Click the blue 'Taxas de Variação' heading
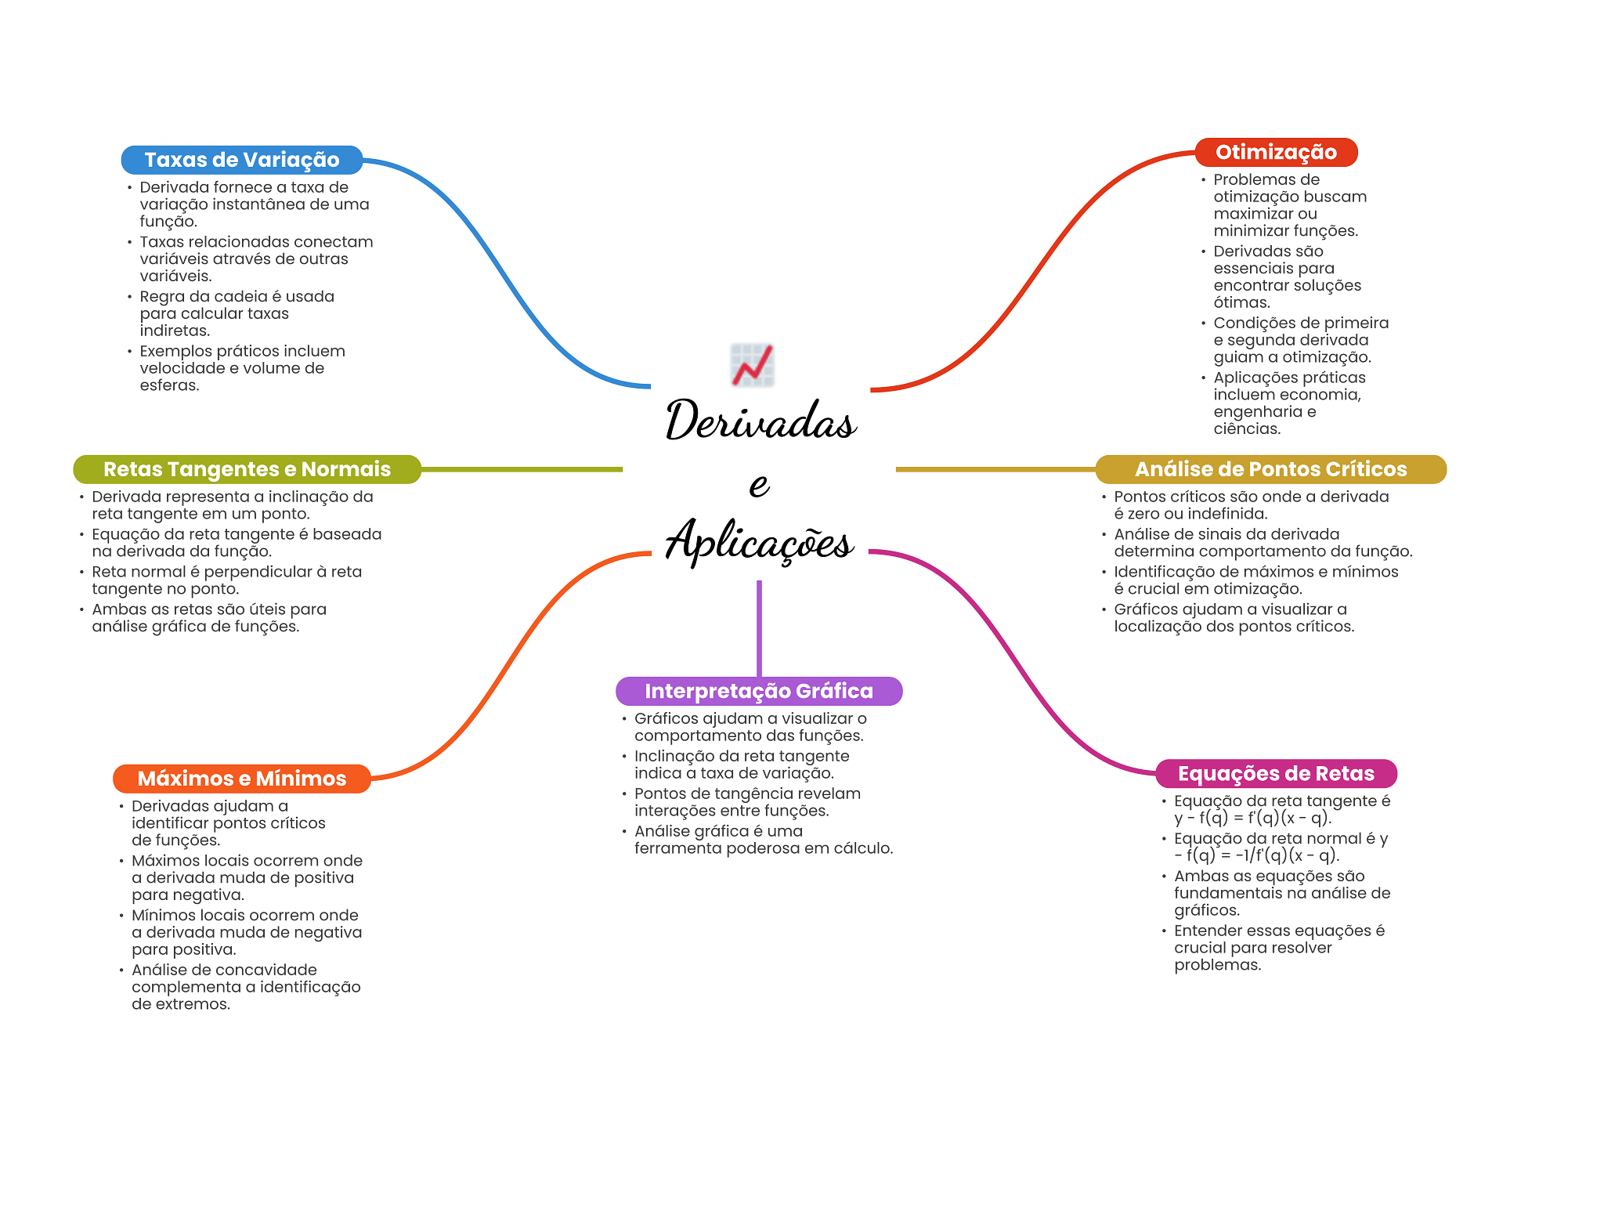point(241,160)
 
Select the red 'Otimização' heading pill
point(1275,152)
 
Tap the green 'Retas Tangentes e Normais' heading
point(247,469)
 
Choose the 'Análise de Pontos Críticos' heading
point(1270,469)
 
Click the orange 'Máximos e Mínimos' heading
point(241,779)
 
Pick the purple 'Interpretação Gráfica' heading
point(758,691)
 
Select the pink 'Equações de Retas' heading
point(1276,774)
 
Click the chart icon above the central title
point(752,365)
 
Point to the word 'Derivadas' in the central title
point(760,421)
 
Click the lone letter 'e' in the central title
point(759,484)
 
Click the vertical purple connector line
point(759,627)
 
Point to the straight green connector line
point(521,469)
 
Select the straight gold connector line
point(995,469)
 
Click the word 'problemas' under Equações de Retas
point(1216,965)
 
